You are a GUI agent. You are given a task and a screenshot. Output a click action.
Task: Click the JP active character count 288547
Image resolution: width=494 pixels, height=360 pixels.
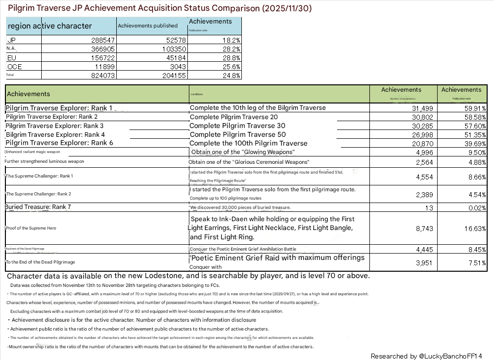101,40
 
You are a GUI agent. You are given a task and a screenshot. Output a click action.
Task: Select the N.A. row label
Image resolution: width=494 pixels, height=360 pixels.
12,49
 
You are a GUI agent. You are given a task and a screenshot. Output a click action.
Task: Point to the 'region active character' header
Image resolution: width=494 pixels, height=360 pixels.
50,26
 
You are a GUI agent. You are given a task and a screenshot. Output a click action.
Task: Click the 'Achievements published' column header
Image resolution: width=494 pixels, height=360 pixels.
147,26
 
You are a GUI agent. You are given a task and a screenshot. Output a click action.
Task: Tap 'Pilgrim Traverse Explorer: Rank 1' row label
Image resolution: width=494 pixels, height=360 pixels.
59,108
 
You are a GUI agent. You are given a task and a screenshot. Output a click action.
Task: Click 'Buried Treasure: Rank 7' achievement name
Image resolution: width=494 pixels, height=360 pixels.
38,207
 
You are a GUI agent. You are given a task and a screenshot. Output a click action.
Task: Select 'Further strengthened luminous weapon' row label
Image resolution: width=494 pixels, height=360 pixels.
44,161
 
